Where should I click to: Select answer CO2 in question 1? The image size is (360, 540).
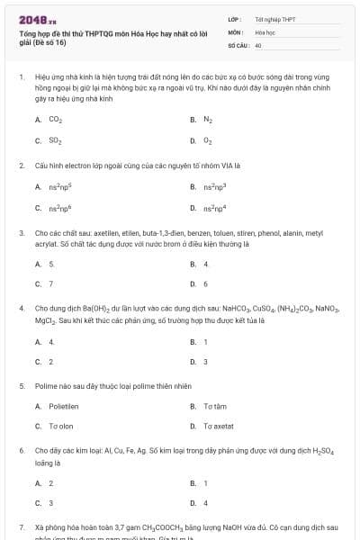(x=55, y=120)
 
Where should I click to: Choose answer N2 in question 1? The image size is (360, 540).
(x=207, y=120)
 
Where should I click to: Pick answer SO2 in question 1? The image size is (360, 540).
(x=55, y=141)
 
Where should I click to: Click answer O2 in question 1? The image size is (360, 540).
(x=207, y=141)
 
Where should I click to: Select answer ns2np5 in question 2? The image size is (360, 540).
(x=59, y=187)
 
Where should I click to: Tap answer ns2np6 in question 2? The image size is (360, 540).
(x=59, y=209)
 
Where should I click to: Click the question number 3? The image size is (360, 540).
(x=21, y=232)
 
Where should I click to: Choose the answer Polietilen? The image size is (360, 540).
(x=64, y=407)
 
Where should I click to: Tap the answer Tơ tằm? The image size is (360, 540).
(x=214, y=407)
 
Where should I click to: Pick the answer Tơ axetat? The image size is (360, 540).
(x=219, y=427)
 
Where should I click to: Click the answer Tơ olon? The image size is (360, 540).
(x=61, y=427)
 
